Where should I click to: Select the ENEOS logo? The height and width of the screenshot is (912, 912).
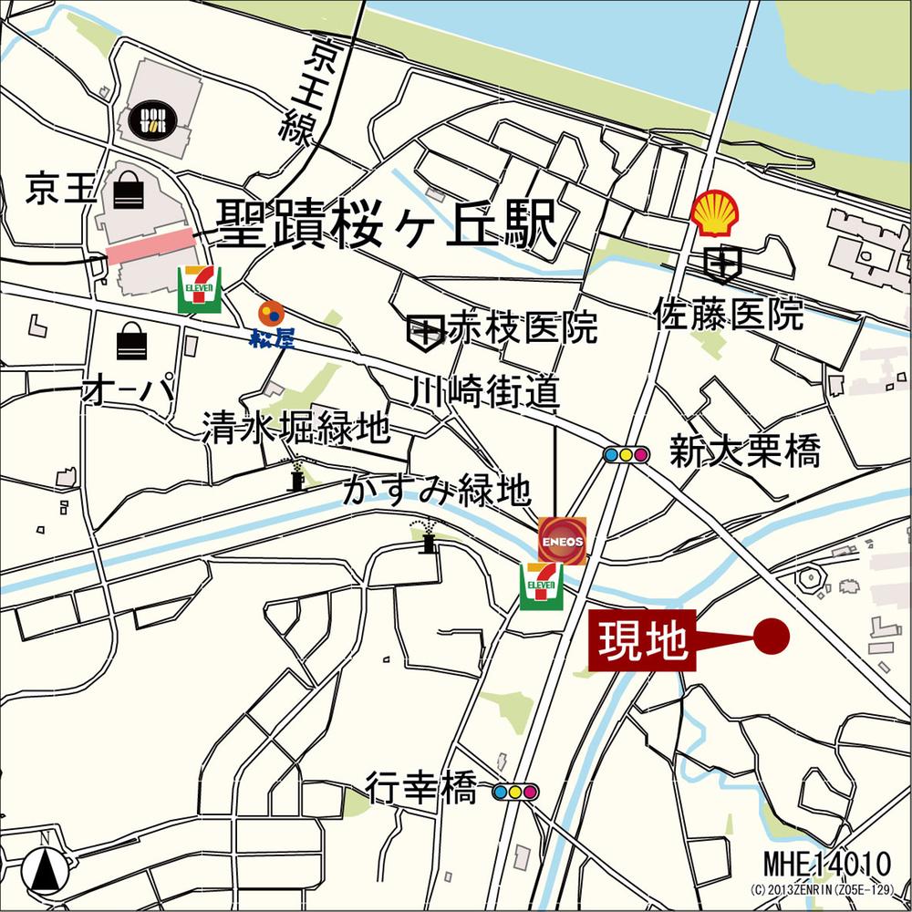(x=560, y=539)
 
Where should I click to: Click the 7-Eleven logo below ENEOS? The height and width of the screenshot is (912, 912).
(x=542, y=586)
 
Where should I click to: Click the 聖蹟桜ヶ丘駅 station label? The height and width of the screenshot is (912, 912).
(x=386, y=223)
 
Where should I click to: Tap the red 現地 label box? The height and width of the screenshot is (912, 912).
(x=642, y=641)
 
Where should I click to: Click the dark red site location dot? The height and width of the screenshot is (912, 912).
(x=772, y=636)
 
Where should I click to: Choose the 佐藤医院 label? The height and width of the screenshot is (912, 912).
(x=729, y=315)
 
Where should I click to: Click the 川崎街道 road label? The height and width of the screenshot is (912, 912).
(x=484, y=393)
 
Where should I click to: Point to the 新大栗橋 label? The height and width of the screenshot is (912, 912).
(x=744, y=451)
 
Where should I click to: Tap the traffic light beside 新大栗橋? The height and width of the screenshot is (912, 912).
(x=626, y=454)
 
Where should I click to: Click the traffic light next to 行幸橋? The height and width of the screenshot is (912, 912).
(x=515, y=791)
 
